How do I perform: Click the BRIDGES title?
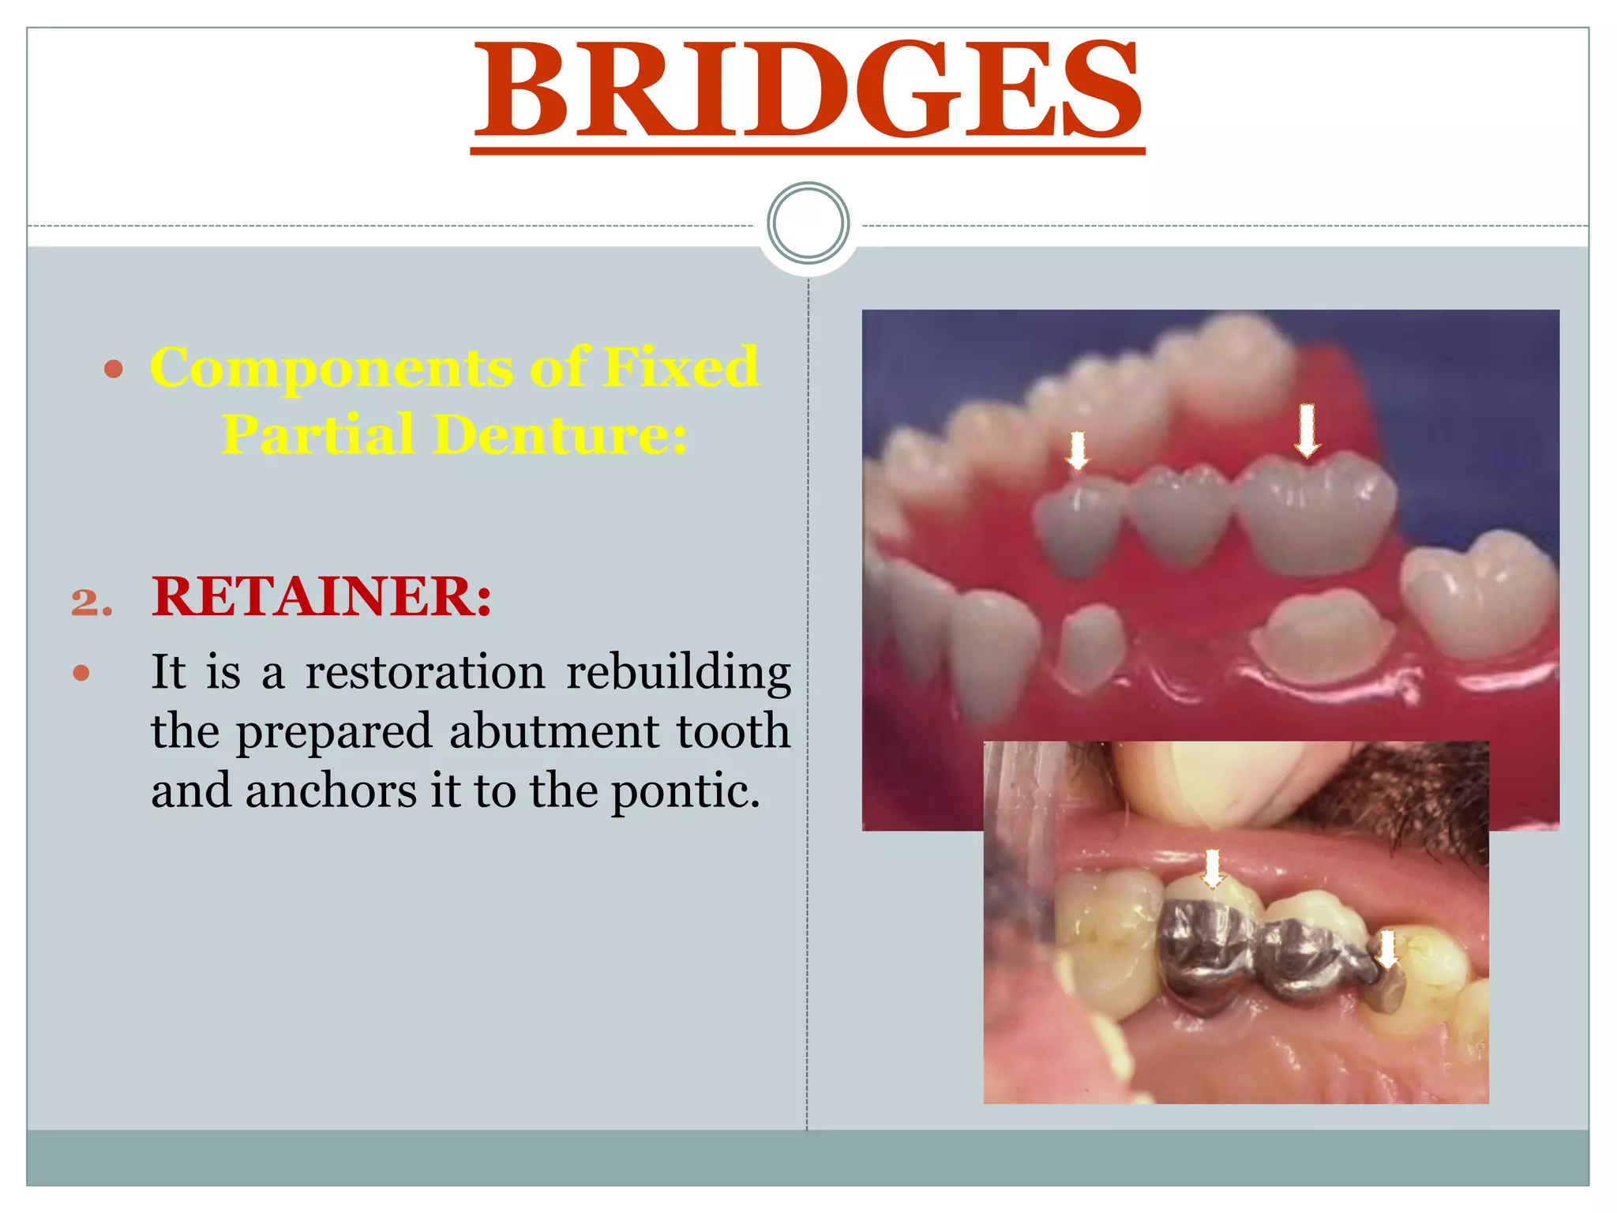[x=808, y=88]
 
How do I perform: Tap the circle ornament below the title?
[x=808, y=223]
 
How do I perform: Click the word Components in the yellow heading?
[x=331, y=367]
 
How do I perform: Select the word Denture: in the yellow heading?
[x=561, y=434]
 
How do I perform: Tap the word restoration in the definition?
[x=425, y=673]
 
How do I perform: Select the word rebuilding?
[x=679, y=673]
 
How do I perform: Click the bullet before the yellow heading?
[x=114, y=369]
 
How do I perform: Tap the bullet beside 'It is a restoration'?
[x=81, y=674]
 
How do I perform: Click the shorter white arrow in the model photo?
[x=1077, y=450]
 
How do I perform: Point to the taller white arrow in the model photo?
[x=1307, y=430]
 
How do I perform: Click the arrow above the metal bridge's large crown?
[x=1213, y=868]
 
